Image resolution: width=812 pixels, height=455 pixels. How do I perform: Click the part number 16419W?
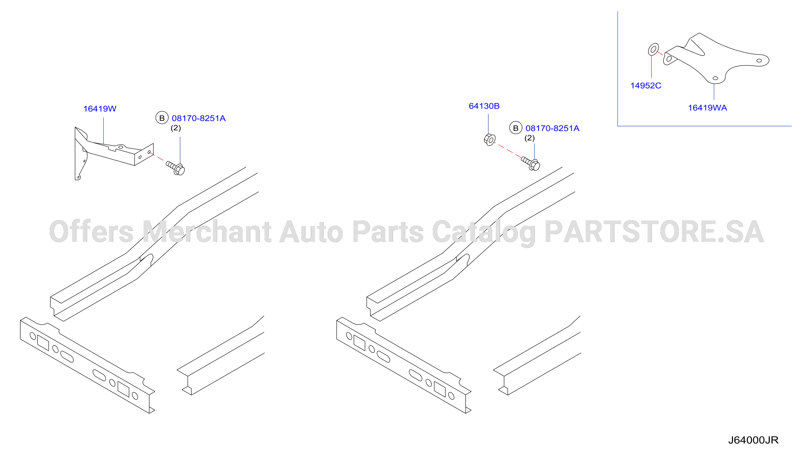[x=100, y=109]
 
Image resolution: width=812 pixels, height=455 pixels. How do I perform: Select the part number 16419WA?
[x=707, y=108]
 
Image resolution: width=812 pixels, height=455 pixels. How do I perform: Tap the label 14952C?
[x=645, y=86]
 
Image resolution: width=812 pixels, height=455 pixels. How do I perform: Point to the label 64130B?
[x=484, y=106]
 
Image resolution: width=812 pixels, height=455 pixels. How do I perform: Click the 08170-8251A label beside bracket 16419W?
[x=198, y=118]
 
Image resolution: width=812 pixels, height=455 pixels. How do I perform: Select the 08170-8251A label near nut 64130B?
[x=552, y=128]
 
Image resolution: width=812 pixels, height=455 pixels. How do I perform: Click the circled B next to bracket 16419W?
[x=162, y=118]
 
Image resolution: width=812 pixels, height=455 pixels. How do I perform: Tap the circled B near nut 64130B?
[x=516, y=128]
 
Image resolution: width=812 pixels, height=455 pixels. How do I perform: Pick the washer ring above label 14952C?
[x=653, y=49]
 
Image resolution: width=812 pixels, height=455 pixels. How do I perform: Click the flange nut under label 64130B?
[x=490, y=140]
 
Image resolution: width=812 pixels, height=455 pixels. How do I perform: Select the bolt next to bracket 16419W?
[x=175, y=168]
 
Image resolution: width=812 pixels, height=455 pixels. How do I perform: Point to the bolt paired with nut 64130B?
[x=530, y=163]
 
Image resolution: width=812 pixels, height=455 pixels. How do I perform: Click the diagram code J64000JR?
[x=753, y=440]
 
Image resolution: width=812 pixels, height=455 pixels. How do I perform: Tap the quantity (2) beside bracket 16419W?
[x=176, y=128]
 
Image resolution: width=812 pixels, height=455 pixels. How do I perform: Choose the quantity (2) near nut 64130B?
[x=529, y=138]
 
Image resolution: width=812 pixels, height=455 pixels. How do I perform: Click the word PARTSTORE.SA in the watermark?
[x=654, y=232]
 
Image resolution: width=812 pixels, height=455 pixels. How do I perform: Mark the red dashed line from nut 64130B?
[x=508, y=150]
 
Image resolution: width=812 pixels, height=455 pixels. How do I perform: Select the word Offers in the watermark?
[x=91, y=231]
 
